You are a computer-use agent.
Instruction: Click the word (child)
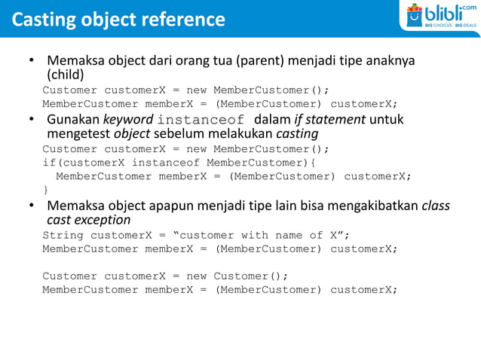[x=66, y=75]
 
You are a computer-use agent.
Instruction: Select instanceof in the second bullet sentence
[x=201, y=120]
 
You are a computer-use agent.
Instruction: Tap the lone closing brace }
[x=45, y=190]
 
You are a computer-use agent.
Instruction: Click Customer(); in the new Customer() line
[x=251, y=276]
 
